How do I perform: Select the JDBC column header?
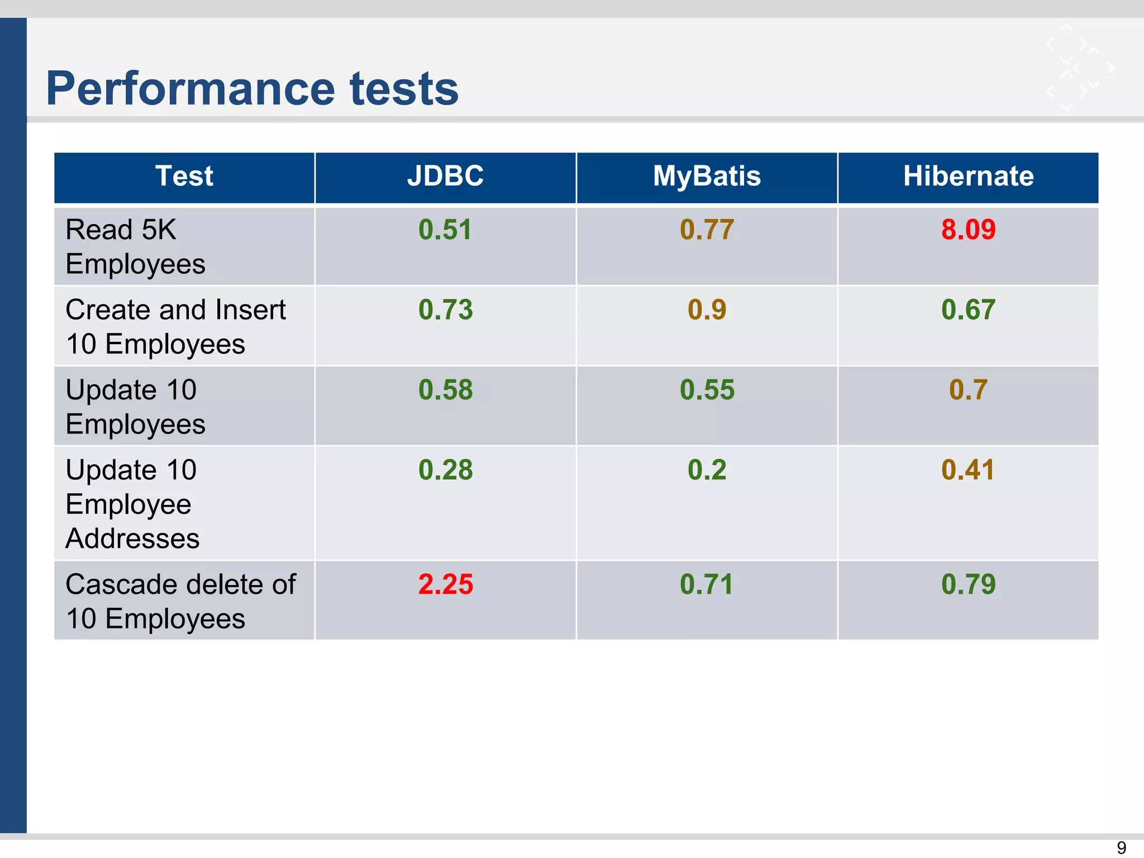click(445, 176)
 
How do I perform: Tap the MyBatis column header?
click(707, 176)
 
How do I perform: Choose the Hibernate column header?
click(968, 176)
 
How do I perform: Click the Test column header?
click(184, 176)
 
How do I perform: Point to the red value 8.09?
click(968, 230)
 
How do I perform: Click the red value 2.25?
click(445, 584)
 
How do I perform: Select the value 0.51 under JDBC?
click(445, 230)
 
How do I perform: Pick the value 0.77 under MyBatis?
click(707, 230)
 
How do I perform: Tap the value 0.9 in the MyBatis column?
click(707, 309)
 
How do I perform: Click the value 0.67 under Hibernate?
click(968, 309)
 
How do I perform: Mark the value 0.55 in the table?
click(707, 389)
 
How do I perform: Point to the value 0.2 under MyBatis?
click(707, 470)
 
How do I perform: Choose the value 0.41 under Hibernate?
click(968, 470)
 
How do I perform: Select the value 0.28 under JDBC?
click(445, 470)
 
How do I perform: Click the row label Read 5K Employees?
click(135, 246)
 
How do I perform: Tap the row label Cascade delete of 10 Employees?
click(180, 602)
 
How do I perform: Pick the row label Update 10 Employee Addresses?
click(132, 504)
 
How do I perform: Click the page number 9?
click(1121, 847)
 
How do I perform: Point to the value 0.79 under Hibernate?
click(968, 584)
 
